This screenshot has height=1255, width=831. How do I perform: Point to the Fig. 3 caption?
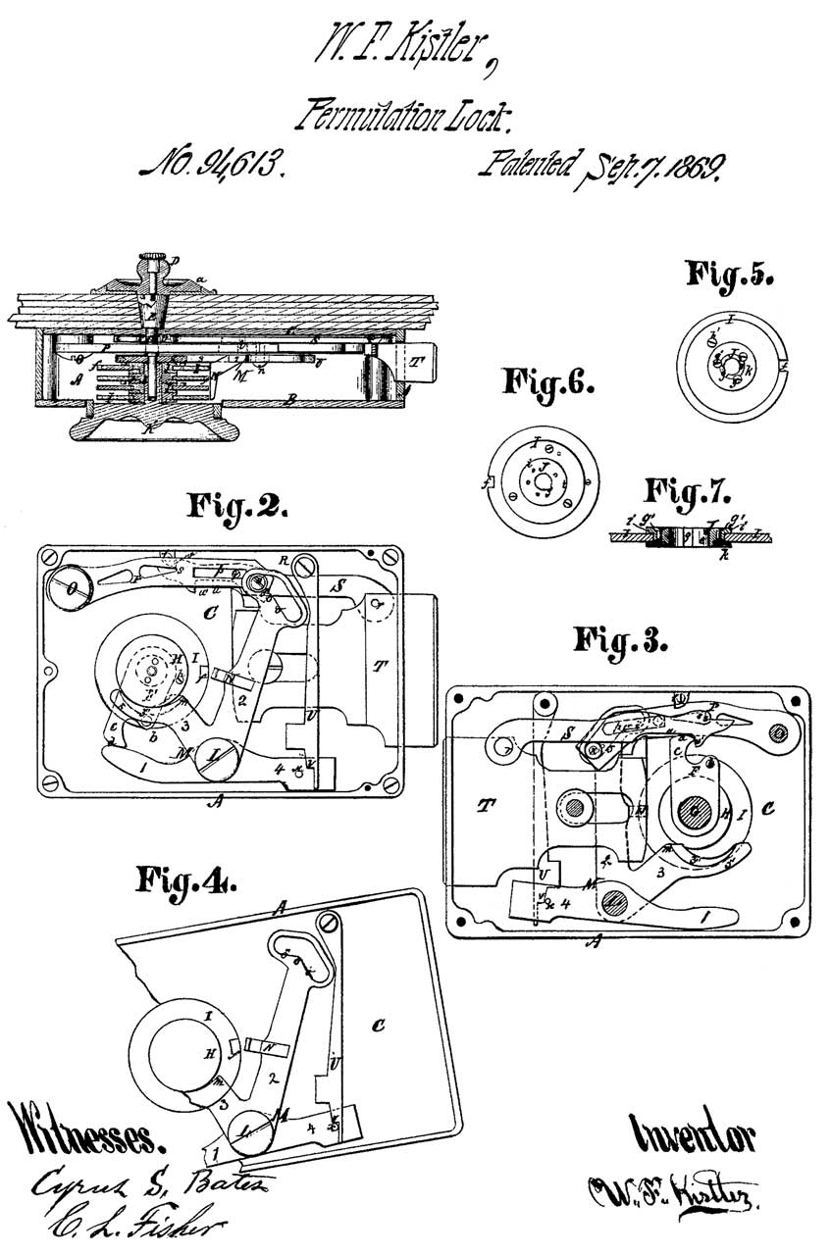(621, 642)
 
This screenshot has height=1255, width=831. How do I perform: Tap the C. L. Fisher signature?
(129, 1227)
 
